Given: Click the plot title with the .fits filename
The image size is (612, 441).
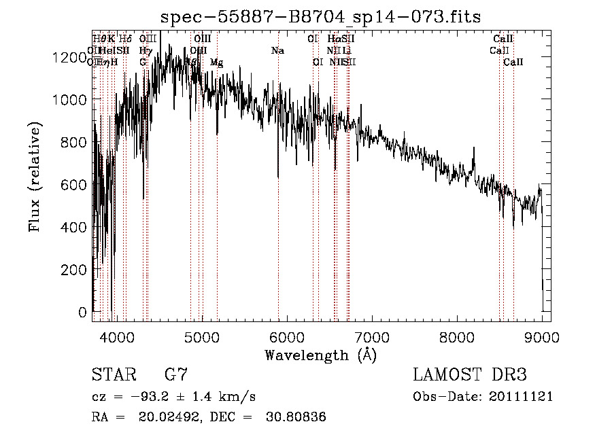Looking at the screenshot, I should click(320, 16).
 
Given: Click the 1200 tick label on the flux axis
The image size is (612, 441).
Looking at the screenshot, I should click(69, 58).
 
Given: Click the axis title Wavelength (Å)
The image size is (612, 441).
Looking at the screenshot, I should click(320, 355).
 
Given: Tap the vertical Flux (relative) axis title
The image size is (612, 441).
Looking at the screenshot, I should click(35, 177).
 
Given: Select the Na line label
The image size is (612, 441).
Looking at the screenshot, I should click(277, 51).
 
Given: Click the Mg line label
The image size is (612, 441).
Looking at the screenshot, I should click(216, 63).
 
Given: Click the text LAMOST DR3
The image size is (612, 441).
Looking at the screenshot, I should click(470, 375).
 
